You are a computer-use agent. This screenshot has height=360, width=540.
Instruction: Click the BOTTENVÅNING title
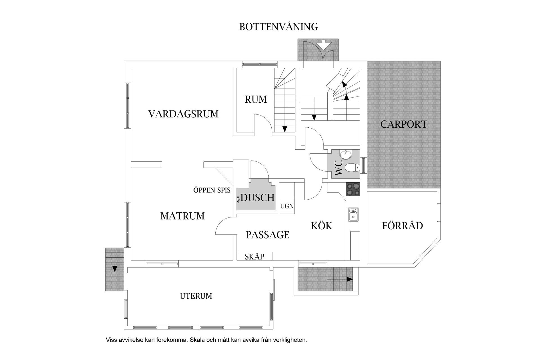(278, 27)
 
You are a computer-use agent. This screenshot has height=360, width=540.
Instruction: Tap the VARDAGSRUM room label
(183, 114)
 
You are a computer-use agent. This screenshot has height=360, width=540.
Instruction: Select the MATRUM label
(182, 216)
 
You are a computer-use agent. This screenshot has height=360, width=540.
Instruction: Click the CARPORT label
(404, 124)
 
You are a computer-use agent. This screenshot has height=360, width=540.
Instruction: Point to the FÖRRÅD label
(402, 226)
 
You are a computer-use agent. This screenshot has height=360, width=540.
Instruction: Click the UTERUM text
(196, 296)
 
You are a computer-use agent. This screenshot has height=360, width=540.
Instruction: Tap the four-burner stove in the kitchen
(353, 189)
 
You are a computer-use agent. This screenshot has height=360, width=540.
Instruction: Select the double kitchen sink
(353, 215)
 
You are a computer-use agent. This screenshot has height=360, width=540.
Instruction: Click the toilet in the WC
(352, 168)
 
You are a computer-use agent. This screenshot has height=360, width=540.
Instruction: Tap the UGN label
(287, 206)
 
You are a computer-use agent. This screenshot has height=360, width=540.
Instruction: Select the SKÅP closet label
(254, 256)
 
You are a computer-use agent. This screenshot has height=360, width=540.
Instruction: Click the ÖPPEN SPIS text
(212, 190)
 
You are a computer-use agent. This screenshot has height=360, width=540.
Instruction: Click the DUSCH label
(257, 198)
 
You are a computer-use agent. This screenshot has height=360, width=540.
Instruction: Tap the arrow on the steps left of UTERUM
(114, 269)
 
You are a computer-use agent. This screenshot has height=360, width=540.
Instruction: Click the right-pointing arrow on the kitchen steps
(349, 279)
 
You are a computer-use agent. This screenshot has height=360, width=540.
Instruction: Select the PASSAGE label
(267, 235)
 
